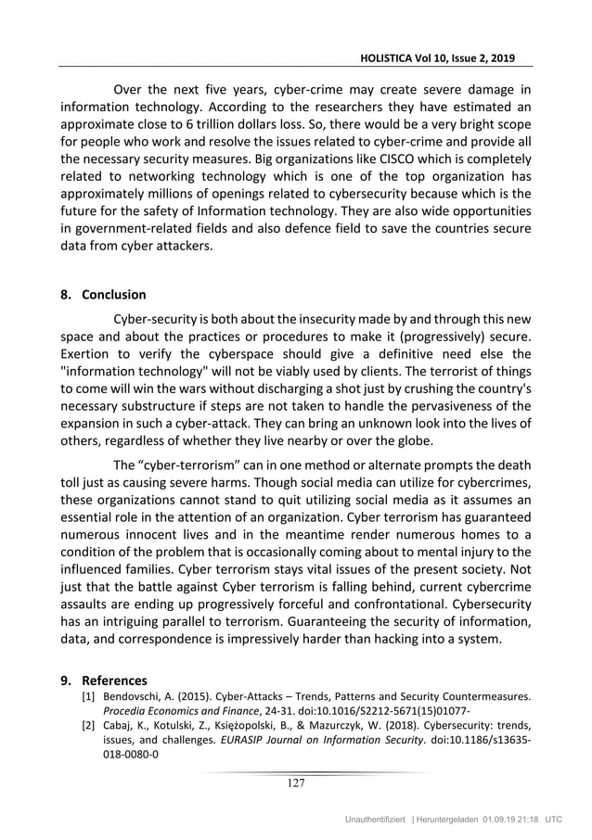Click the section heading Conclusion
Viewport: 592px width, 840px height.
pos(114,295)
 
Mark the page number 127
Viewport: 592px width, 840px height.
pos(294,783)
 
